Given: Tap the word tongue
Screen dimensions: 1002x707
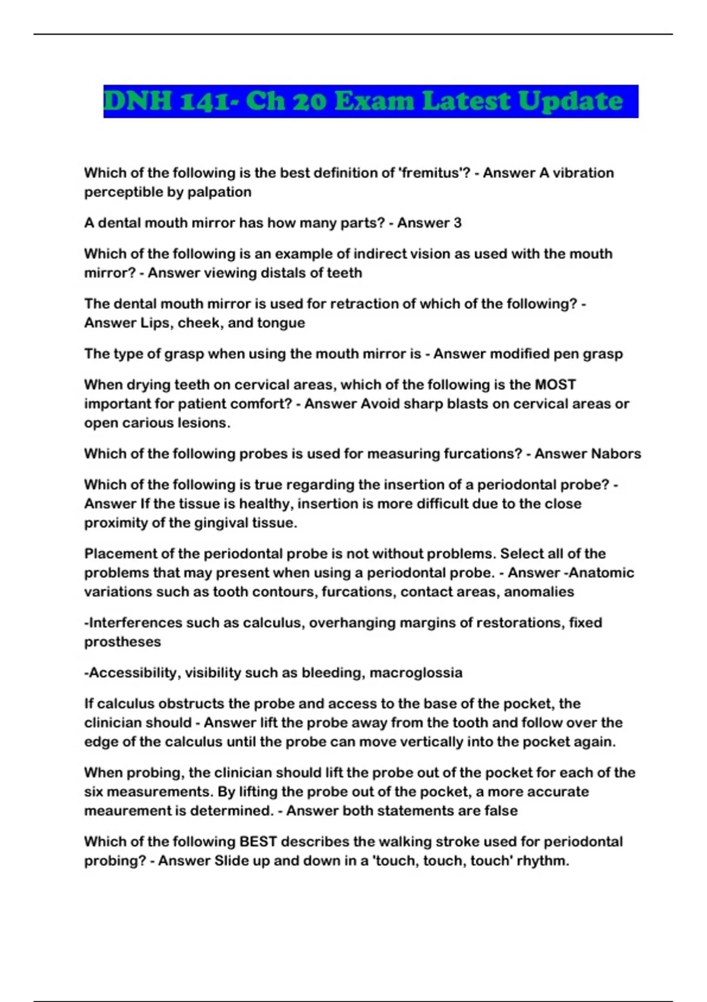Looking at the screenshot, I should [x=285, y=323].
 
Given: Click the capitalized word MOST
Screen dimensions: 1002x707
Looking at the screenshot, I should [x=555, y=385].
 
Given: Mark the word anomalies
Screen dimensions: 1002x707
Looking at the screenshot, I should [x=541, y=592].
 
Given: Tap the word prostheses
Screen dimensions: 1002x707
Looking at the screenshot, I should [x=123, y=642].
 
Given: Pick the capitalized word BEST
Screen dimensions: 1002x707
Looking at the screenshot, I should [x=259, y=842].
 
